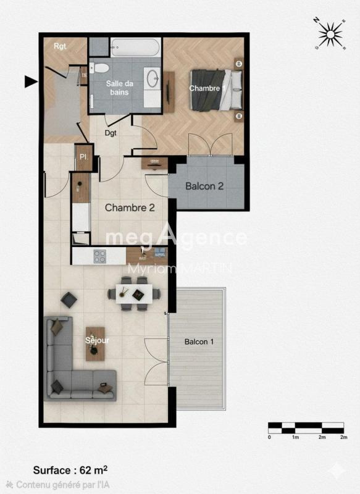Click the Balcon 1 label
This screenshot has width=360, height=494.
coord(199,341)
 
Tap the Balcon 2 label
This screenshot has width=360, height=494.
coord(204,186)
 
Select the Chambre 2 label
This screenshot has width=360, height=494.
coord(130,208)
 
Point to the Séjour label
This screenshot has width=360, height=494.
coord(97,340)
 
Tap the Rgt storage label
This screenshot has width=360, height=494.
coord(60,46)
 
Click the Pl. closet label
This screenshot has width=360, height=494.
coord(83,157)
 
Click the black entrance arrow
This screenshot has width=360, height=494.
coord(31,81)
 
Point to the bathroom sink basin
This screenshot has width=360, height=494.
coord(152,77)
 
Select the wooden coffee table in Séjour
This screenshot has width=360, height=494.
coord(95,341)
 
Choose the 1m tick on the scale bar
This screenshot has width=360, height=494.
coord(296,436)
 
